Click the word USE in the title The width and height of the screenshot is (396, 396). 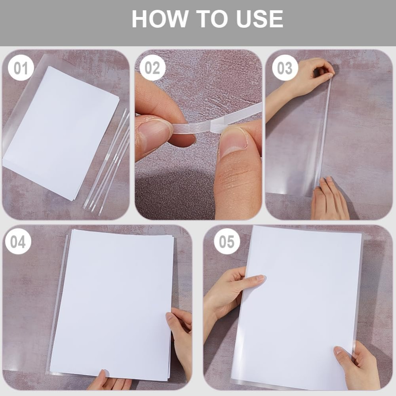click(260, 19)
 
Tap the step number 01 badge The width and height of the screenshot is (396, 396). click(21, 68)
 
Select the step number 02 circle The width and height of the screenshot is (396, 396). click(152, 68)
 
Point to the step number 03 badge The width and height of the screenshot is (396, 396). click(285, 68)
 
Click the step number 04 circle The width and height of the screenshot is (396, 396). click(18, 242)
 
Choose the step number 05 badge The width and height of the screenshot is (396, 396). click(227, 242)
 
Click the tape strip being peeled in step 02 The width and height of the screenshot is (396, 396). click(217, 119)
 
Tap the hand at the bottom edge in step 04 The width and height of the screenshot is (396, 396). click(107, 381)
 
